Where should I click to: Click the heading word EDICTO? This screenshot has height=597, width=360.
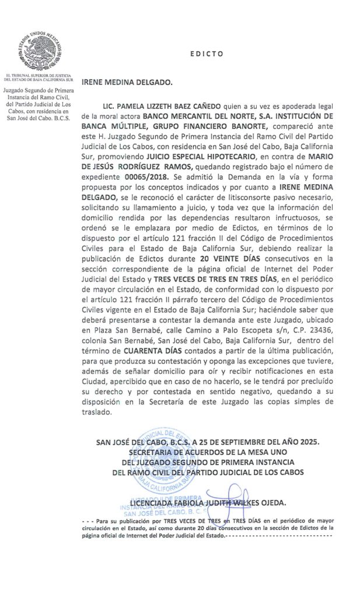(207, 54)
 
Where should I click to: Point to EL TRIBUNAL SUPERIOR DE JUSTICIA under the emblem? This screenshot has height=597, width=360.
(38, 76)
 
